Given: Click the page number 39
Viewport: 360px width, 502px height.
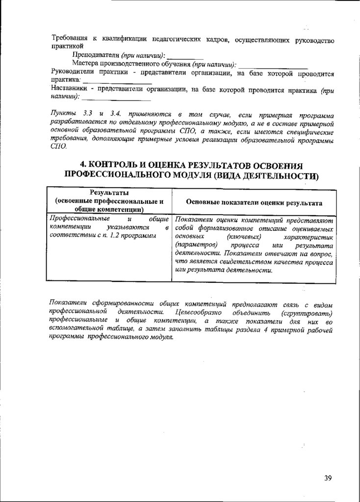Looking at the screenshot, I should (x=328, y=477).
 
